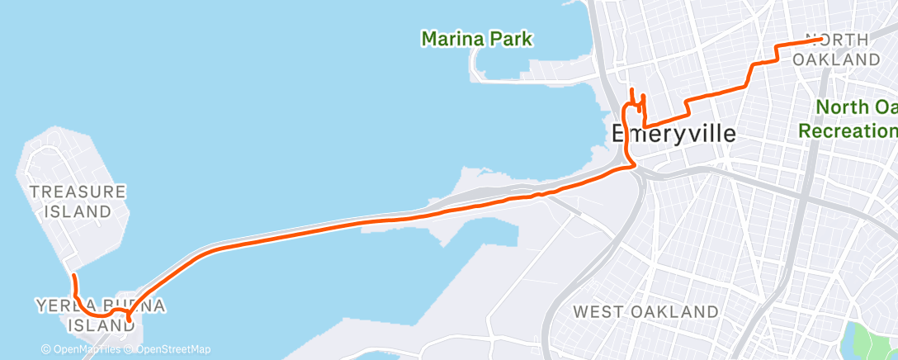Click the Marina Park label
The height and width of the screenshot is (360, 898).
477,38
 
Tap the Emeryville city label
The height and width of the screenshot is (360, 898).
673,134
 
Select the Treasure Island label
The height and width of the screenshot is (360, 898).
78,201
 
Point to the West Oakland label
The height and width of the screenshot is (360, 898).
646,312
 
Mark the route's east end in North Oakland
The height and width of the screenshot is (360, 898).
819,39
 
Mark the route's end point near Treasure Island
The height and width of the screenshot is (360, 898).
73,275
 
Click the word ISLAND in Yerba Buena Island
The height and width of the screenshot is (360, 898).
97,325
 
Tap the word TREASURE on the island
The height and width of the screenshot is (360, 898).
78,192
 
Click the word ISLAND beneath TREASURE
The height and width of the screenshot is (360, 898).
78,211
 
